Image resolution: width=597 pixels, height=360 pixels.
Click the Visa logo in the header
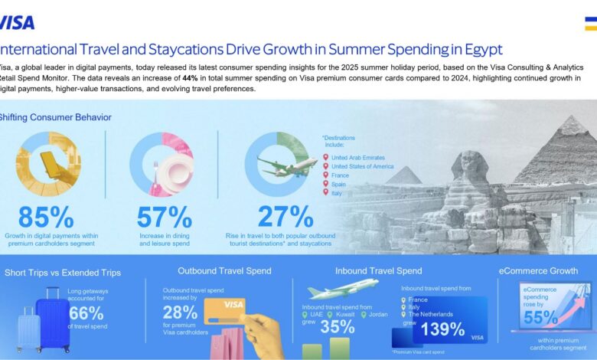click(x=17, y=21)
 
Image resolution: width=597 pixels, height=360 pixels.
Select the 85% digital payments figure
click(x=47, y=218)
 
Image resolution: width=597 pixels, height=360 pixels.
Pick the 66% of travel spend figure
click(x=85, y=313)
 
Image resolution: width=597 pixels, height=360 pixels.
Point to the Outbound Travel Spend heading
click(x=224, y=270)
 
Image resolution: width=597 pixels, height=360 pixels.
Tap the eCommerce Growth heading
click(x=538, y=270)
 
